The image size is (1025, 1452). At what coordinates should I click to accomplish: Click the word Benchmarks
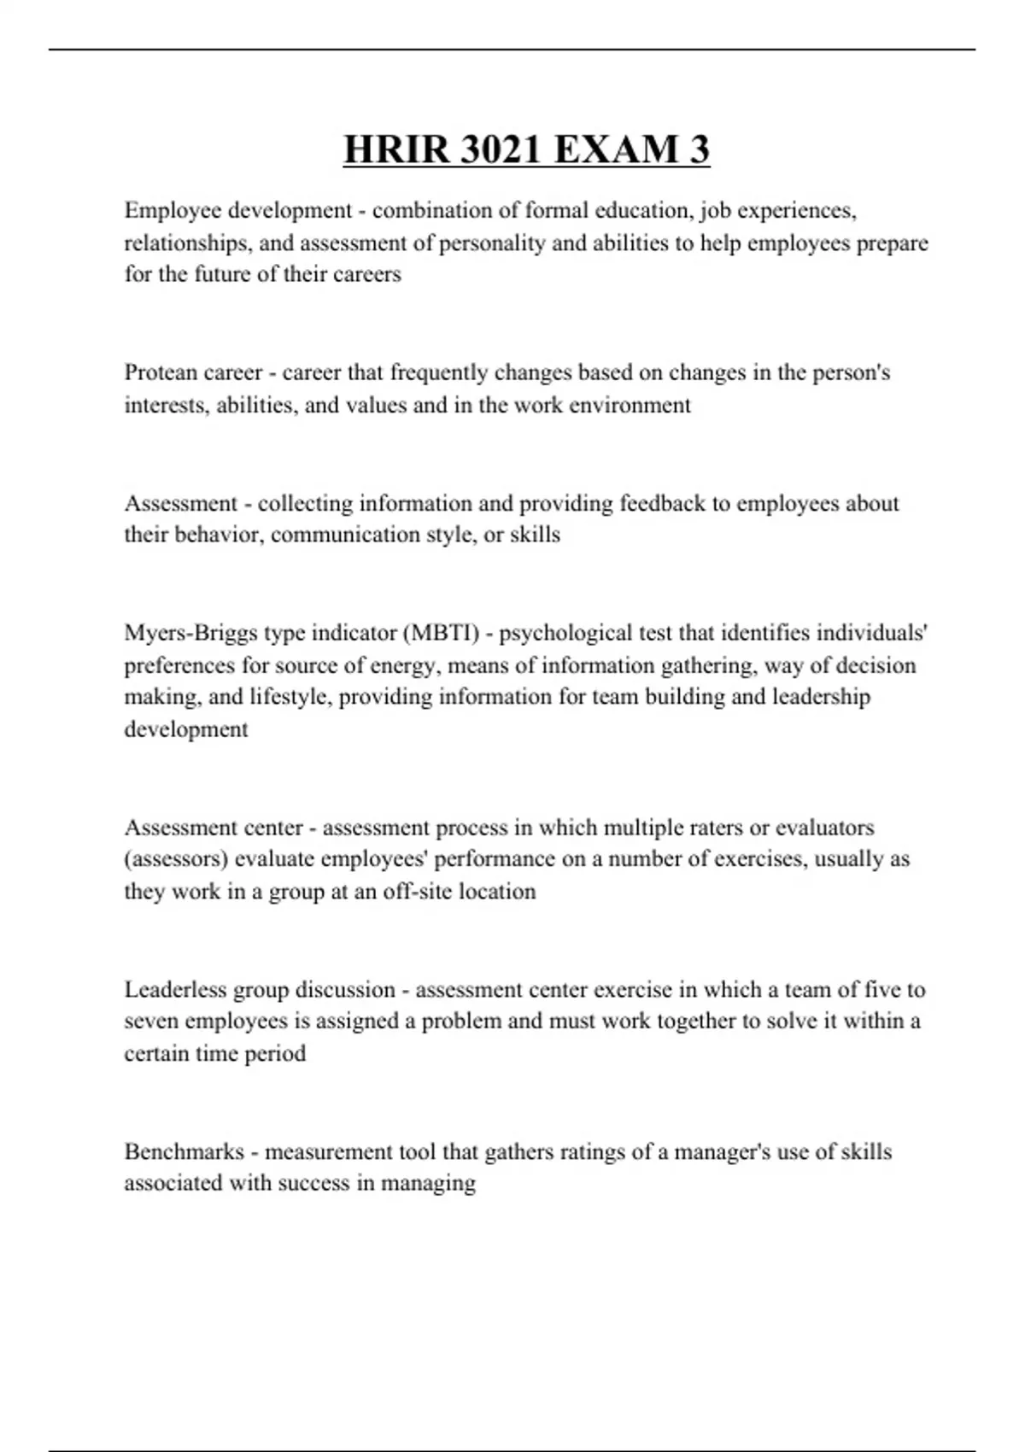[184, 1151]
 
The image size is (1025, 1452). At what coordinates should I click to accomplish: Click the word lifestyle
[290, 697]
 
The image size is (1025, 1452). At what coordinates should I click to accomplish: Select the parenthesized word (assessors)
[175, 858]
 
